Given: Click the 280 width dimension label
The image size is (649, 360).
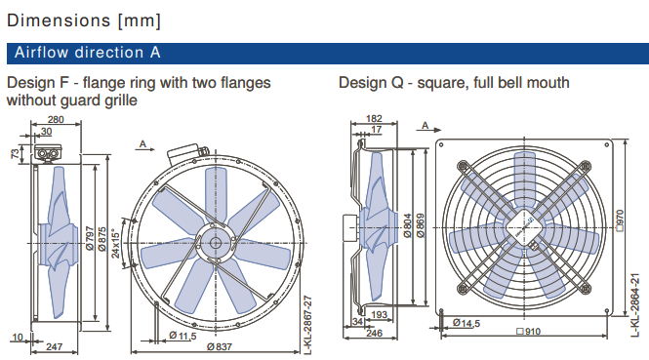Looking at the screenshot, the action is [x=56, y=120].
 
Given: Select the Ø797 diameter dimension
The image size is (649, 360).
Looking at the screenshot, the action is [x=90, y=238].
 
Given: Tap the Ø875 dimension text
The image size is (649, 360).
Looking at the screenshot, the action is [x=102, y=239].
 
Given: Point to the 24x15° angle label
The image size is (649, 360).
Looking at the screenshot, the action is [x=115, y=245].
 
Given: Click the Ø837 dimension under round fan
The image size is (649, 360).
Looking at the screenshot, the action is [x=220, y=346].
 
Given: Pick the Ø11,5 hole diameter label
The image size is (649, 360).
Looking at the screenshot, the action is [x=183, y=336].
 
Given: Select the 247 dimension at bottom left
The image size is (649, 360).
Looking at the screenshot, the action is [x=55, y=346].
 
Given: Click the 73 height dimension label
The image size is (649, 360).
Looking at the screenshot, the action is [x=15, y=154].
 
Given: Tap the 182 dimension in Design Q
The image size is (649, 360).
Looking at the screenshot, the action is [x=374, y=119].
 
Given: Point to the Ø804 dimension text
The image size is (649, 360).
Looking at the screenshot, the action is [x=408, y=225].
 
